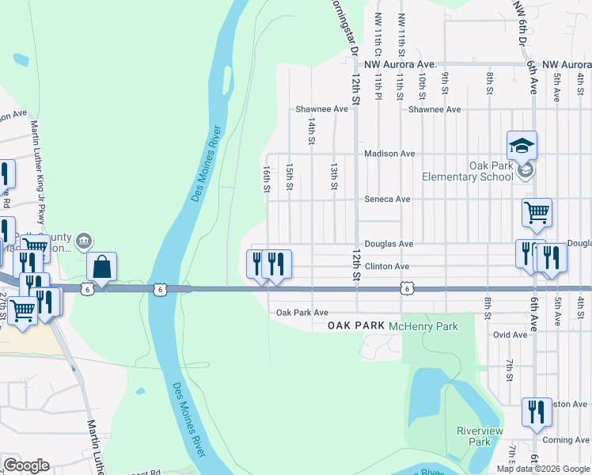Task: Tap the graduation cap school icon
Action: [x=522, y=145]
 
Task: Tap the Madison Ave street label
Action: [x=389, y=154]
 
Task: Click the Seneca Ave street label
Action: [x=387, y=199]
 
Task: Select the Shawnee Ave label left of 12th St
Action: [x=321, y=109]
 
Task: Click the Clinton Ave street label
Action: [x=386, y=267]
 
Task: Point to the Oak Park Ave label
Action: [x=302, y=313]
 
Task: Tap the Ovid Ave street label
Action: [x=510, y=335]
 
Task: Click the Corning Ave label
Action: [x=566, y=440]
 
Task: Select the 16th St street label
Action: [x=267, y=178]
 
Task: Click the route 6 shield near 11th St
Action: [x=406, y=290]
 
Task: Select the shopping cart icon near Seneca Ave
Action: [x=537, y=212]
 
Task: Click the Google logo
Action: [x=26, y=465]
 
